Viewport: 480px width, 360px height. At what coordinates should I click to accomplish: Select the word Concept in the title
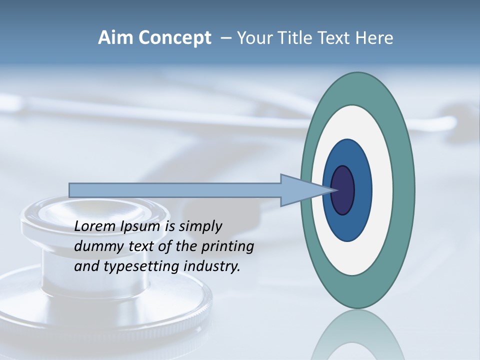pyautogui.click(x=174, y=38)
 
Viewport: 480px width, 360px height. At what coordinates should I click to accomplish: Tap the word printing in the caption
pyautogui.click(x=227, y=247)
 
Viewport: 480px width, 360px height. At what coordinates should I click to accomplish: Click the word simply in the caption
pyautogui.click(x=200, y=226)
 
